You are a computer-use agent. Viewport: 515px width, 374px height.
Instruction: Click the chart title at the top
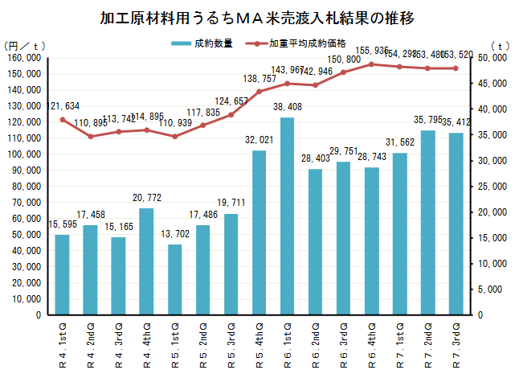[x=258, y=18]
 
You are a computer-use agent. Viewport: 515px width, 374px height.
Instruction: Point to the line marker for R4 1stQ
[x=62, y=120]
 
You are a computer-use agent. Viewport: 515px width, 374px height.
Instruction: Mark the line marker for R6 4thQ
[x=371, y=64]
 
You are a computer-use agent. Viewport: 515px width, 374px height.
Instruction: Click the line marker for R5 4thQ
[x=259, y=92]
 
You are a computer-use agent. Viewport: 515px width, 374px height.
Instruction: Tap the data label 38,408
[x=287, y=106]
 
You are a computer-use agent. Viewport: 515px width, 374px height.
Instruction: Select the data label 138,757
[x=259, y=80]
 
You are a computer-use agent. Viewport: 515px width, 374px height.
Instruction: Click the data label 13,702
[x=174, y=233]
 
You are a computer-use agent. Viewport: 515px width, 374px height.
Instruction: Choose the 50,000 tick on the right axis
[x=491, y=57]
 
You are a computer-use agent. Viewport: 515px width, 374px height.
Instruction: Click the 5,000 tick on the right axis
[x=493, y=289]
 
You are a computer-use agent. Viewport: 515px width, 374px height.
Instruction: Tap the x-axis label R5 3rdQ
[x=231, y=343]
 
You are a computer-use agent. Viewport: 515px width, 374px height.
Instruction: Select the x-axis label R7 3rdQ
[x=456, y=343]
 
